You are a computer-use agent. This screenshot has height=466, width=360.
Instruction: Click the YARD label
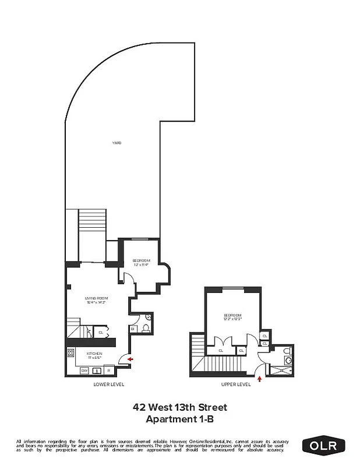[117, 143]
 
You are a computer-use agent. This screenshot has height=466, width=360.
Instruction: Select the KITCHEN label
[95, 354]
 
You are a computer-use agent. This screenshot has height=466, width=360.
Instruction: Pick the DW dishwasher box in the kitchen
[84, 370]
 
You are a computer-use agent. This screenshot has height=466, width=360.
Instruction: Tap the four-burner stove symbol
[71, 353]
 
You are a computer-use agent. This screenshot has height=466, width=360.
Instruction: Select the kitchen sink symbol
[97, 370]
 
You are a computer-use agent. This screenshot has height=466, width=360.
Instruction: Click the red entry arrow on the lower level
[130, 359]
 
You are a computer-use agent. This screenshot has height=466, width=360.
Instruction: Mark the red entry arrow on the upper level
[259, 379]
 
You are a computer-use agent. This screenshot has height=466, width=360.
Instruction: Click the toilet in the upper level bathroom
[285, 352]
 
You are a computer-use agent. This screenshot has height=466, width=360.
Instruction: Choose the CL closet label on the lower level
[101, 333]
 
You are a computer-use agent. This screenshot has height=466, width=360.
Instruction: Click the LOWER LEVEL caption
[109, 384]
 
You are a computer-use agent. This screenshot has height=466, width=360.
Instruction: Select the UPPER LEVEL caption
[236, 384]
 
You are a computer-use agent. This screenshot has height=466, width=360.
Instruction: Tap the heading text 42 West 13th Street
[180, 407]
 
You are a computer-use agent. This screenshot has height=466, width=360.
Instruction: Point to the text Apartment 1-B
[180, 418]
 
